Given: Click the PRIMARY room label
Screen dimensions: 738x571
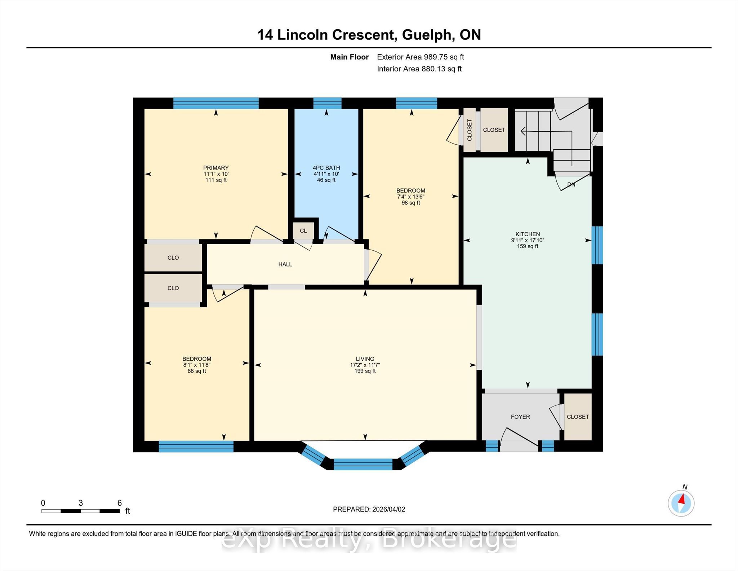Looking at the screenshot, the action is pyautogui.click(x=216, y=168).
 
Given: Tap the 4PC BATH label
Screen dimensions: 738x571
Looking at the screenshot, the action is pyautogui.click(x=326, y=168).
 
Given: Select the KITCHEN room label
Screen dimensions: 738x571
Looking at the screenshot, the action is pyautogui.click(x=528, y=234).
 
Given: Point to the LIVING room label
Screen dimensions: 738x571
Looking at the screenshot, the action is pyautogui.click(x=365, y=359).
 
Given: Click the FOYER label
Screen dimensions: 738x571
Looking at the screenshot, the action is pyautogui.click(x=520, y=417).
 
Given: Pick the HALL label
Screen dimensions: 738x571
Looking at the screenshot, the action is pyautogui.click(x=285, y=264).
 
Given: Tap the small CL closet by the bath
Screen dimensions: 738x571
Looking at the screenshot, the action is pyautogui.click(x=303, y=231).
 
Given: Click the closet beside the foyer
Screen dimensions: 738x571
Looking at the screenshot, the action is pyautogui.click(x=578, y=417).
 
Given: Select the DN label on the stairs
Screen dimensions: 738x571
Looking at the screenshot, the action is pyautogui.click(x=571, y=185).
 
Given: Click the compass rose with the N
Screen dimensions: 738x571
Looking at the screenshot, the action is pyautogui.click(x=681, y=503).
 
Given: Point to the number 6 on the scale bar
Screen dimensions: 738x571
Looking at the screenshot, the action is pyautogui.click(x=120, y=503).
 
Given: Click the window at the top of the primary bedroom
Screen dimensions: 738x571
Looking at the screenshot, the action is pyautogui.click(x=216, y=103).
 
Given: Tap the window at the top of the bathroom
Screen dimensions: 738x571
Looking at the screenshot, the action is pyautogui.click(x=327, y=103).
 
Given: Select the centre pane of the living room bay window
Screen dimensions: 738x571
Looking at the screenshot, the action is pyautogui.click(x=363, y=464).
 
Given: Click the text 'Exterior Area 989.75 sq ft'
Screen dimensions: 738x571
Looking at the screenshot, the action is pyautogui.click(x=421, y=57).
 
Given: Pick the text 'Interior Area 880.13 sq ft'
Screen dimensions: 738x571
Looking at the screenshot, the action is pyautogui.click(x=419, y=69).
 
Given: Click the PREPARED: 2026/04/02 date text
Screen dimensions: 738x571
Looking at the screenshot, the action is pyautogui.click(x=369, y=509).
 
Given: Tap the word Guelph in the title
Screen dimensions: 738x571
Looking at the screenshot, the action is pyautogui.click(x=426, y=35).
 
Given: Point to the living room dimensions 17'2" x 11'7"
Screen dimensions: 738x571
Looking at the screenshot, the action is pyautogui.click(x=365, y=365).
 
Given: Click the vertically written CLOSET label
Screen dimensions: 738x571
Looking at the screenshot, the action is pyautogui.click(x=470, y=130).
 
